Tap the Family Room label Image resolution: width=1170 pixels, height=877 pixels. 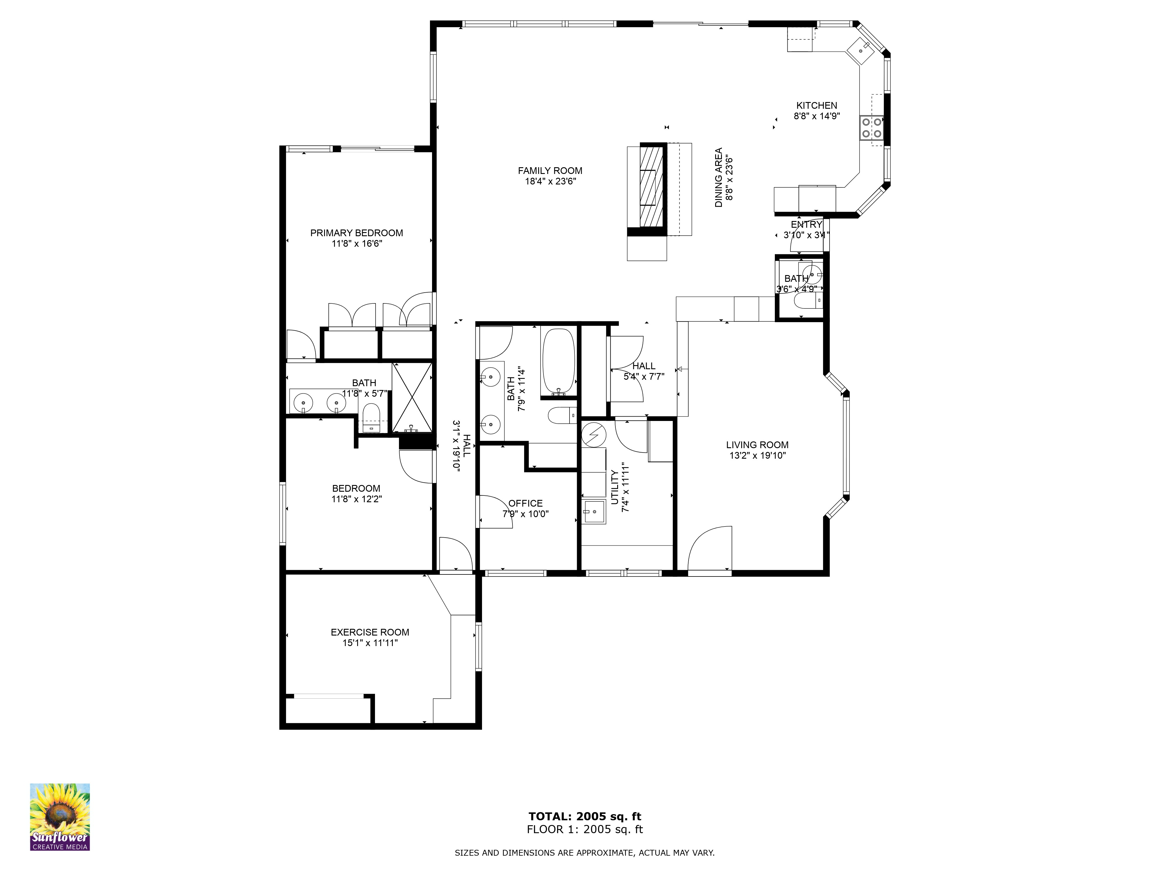tap(550, 171)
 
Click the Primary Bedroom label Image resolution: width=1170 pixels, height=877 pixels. tap(357, 233)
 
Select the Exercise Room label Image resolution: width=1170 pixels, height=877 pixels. tap(370, 632)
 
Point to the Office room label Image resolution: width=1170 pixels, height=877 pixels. tap(525, 503)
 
